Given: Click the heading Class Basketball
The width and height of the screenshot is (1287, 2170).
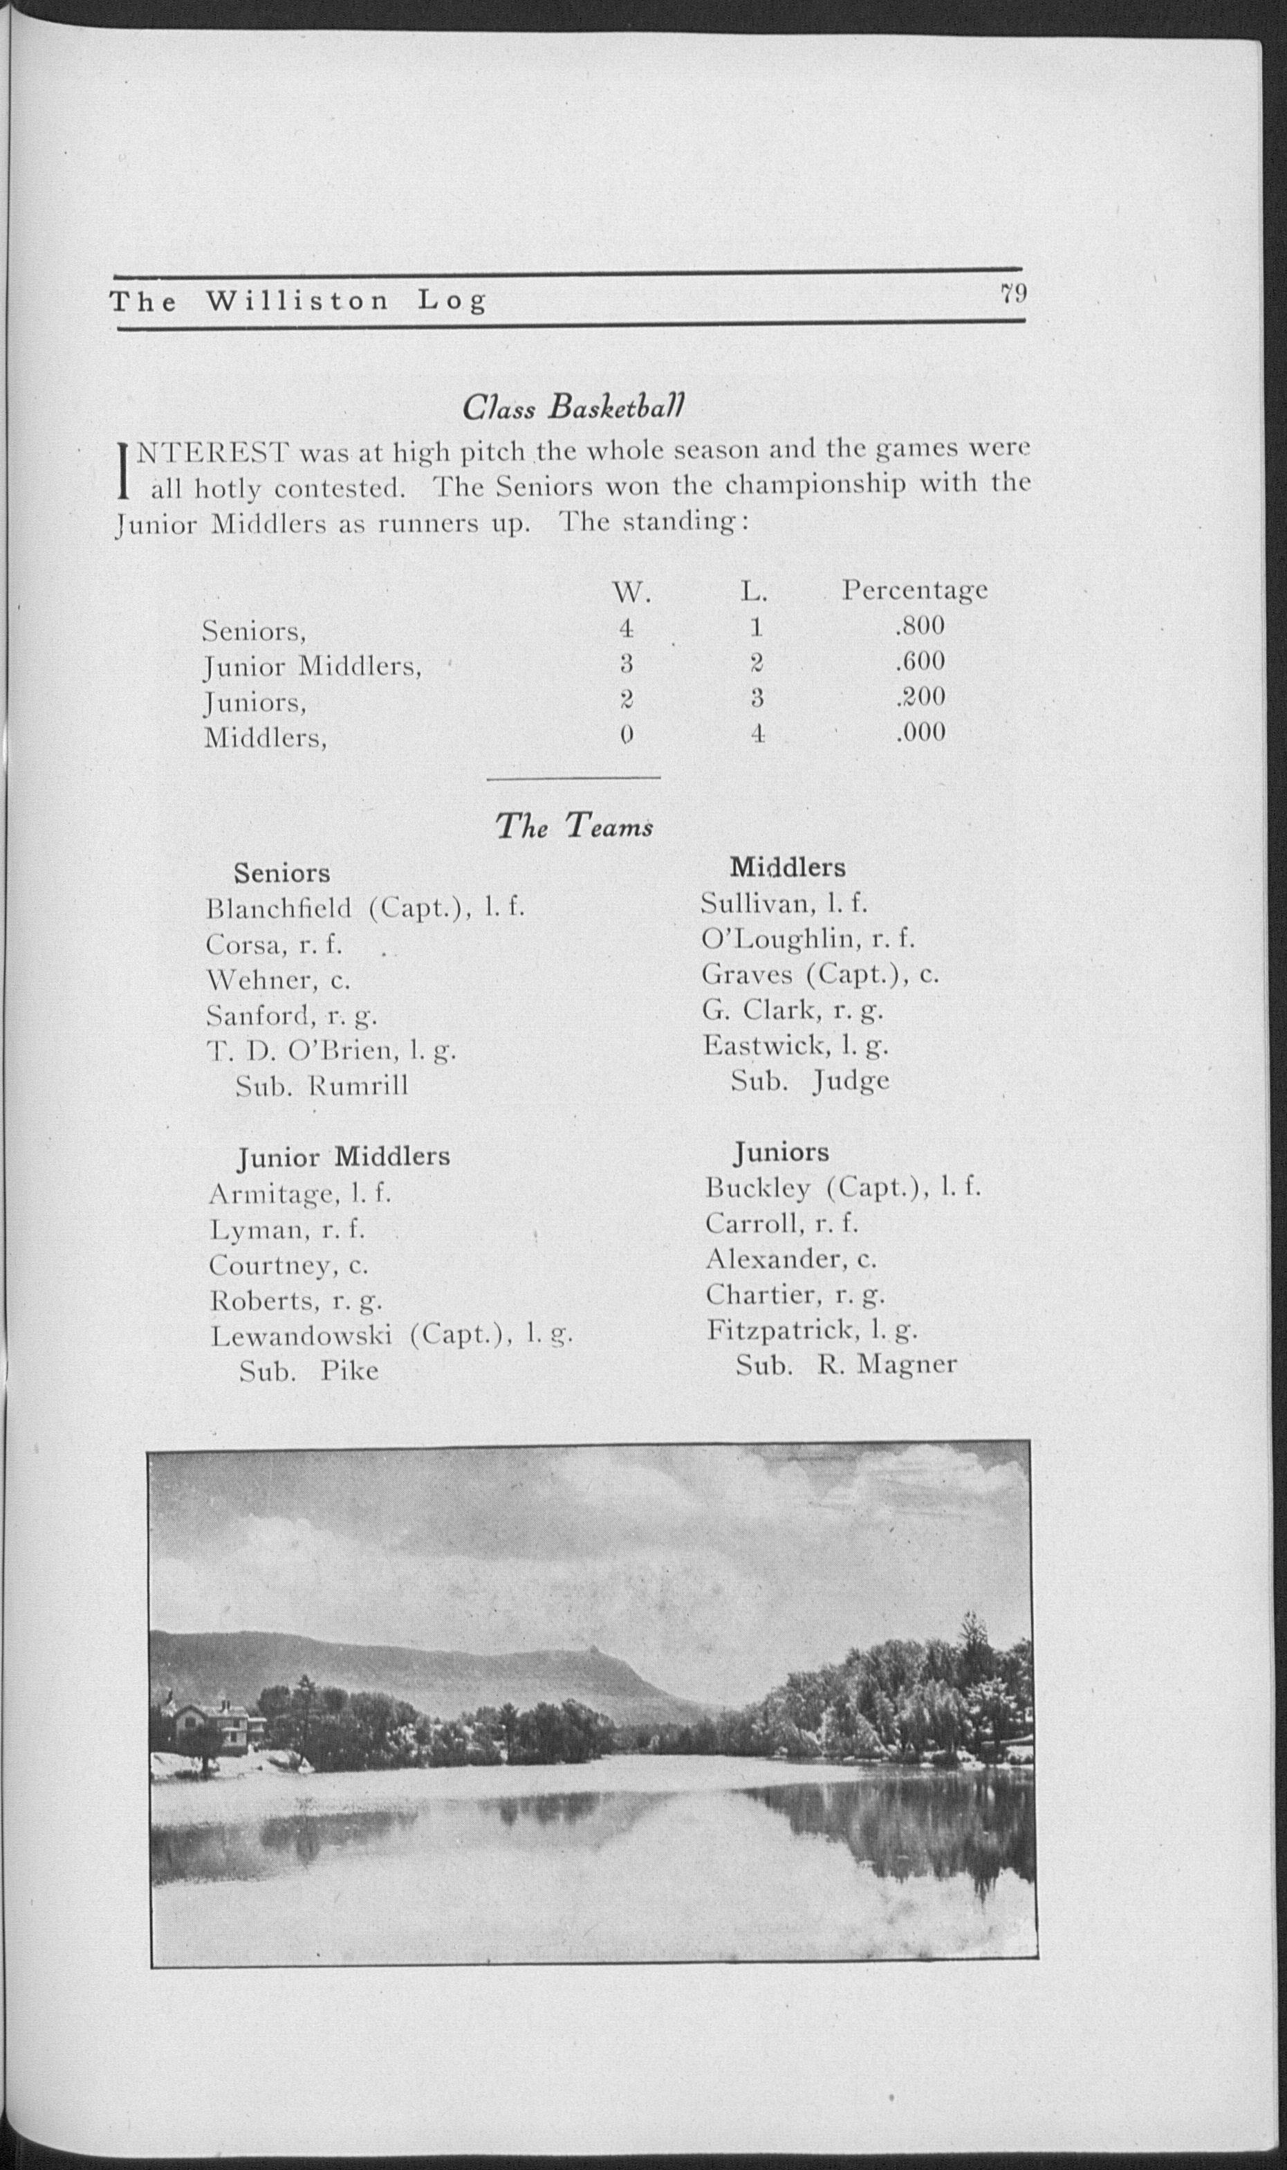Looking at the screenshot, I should pos(573,406).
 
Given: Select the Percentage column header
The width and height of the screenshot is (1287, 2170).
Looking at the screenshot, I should pos(914,590).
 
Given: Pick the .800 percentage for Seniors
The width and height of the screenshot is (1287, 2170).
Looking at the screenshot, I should pos(919,626).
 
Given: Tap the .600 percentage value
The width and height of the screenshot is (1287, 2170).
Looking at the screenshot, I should pos(919,662).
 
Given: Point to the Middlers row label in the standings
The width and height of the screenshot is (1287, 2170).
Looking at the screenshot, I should pos(264,738).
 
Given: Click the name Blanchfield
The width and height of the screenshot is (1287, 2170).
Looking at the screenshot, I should pos(279,909).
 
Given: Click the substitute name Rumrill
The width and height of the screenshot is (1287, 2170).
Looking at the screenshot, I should pos(358,1086).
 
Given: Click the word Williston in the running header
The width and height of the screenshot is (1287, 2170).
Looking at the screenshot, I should pos(297,301).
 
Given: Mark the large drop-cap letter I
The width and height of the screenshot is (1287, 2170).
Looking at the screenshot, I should pos(123,471).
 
